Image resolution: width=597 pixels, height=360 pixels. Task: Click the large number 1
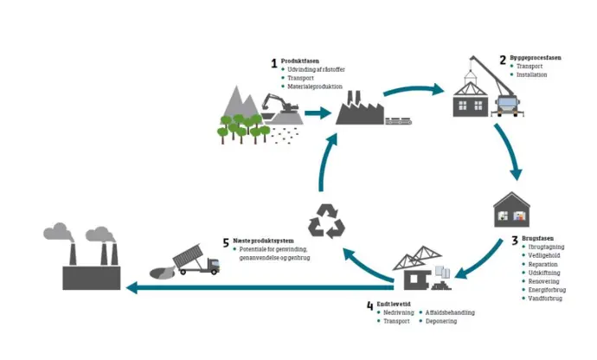pyautogui.click(x=274, y=63)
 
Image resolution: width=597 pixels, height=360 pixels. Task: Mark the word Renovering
pyautogui.click(x=543, y=281)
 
